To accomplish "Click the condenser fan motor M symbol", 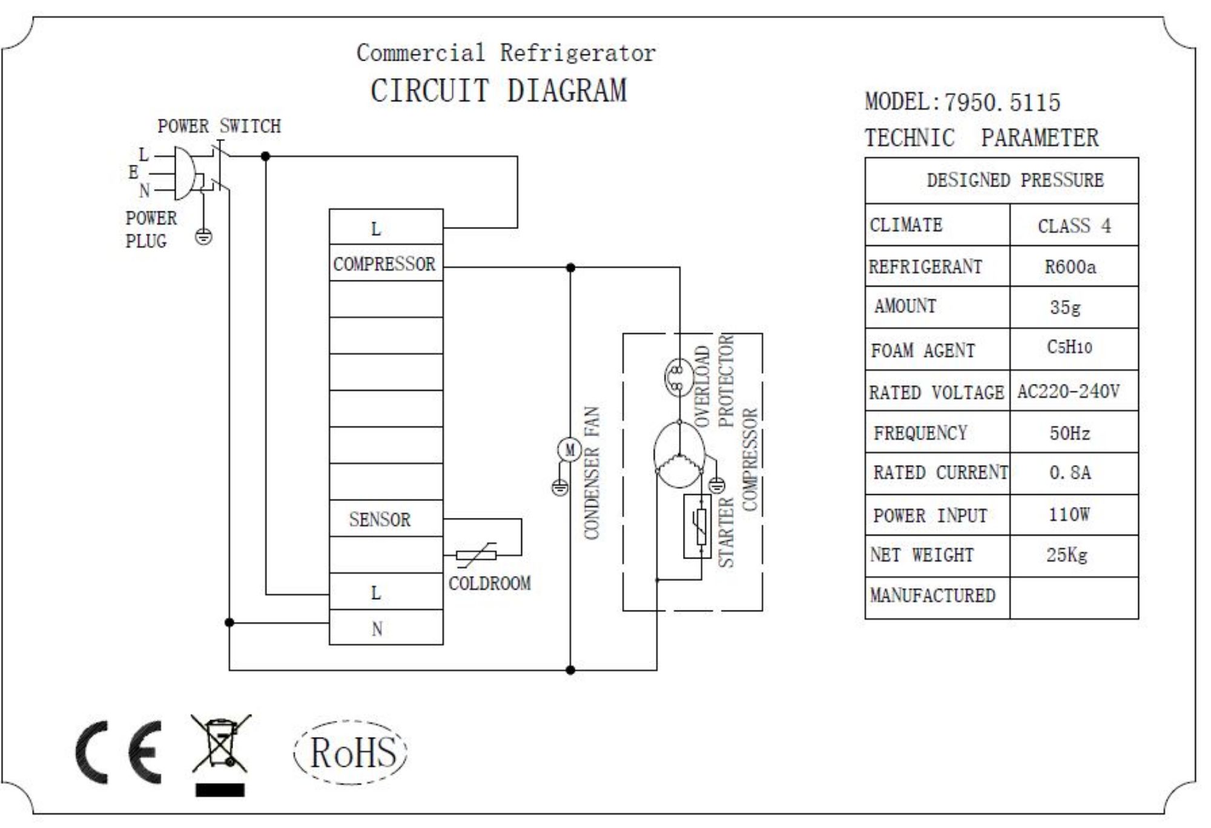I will click(569, 450).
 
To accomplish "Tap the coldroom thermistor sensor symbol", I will click(477, 555).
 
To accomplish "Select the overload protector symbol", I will click(678, 377).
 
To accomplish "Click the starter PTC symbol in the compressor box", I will click(698, 526).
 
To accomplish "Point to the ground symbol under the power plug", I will click(204, 237).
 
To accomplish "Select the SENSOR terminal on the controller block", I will click(380, 519).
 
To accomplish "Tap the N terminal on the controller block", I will click(377, 629).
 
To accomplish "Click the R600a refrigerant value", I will click(1071, 267).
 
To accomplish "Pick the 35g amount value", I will click(1066, 308).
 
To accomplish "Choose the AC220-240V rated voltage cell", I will click(1069, 391).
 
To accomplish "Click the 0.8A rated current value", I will click(1071, 473).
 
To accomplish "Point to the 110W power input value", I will click(1069, 515).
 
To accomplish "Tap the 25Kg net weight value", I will click(1067, 555).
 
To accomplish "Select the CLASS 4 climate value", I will click(1075, 226).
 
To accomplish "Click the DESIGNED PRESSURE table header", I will click(1015, 181).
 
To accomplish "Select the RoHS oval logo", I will click(351, 752).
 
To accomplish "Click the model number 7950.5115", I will click(1003, 102).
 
